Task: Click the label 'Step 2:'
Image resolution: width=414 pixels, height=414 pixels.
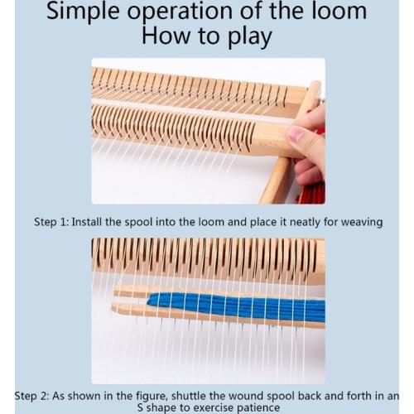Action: click(x=34, y=394)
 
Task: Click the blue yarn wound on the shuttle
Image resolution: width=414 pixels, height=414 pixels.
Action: click(x=240, y=306)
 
